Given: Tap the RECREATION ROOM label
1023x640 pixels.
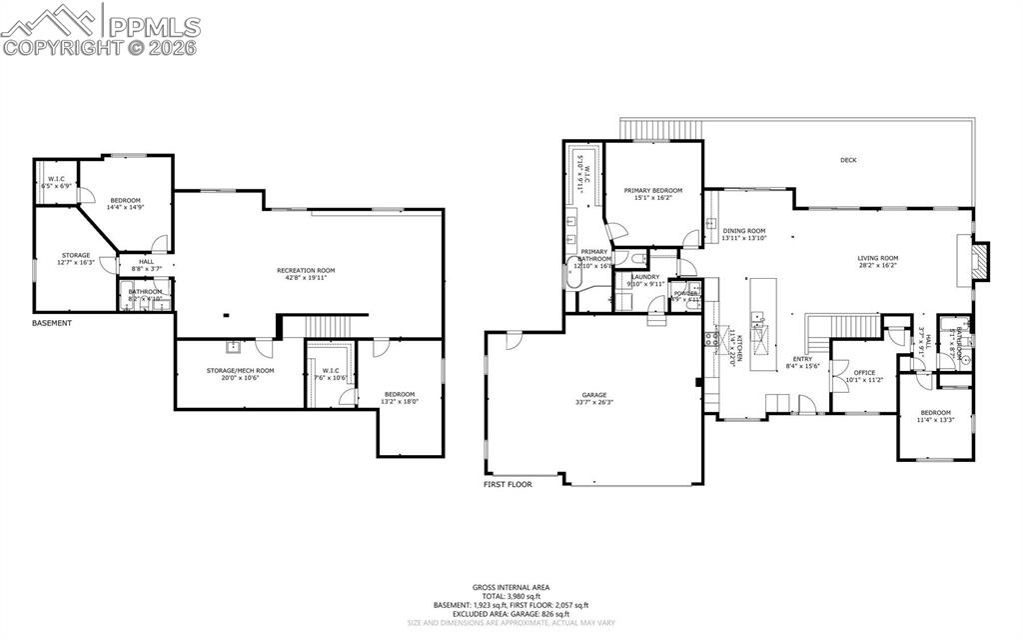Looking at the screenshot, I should click(305, 270).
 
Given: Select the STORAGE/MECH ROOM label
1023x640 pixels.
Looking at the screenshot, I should click(240, 370).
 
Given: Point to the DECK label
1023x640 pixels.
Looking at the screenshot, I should click(848, 160).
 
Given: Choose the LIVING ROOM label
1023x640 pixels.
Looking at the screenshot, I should click(878, 258).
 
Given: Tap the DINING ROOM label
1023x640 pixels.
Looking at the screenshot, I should click(743, 230).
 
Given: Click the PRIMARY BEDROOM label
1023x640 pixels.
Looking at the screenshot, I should click(652, 190).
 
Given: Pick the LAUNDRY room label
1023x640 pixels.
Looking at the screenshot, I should click(644, 277).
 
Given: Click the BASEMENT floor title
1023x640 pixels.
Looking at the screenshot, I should click(52, 323).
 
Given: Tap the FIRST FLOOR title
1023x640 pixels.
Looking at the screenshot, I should click(507, 484).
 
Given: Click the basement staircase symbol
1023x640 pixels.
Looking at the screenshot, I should click(325, 327).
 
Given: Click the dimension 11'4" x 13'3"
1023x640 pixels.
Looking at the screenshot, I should click(935, 420).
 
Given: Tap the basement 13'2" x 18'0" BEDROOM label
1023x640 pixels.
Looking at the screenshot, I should click(401, 394).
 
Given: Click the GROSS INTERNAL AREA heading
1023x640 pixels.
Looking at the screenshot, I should click(511, 587).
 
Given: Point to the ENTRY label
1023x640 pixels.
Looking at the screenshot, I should click(802, 359).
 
